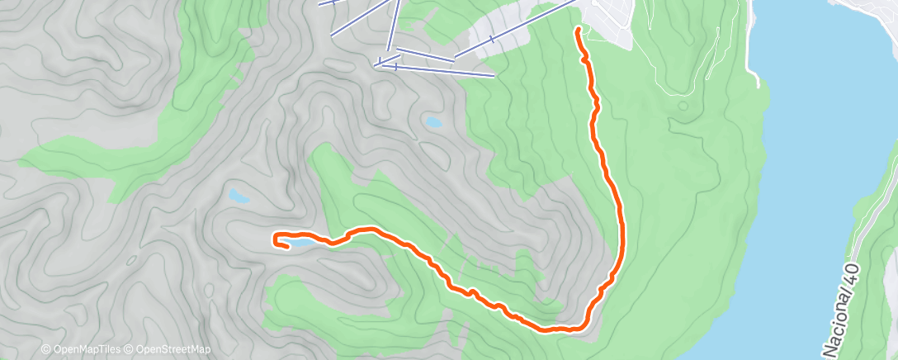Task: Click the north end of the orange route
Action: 578,29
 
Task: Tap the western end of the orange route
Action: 276,239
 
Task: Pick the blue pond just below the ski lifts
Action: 433,122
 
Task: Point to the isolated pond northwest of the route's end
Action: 239,197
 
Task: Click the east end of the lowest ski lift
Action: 494,76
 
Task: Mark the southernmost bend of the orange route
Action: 561,329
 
